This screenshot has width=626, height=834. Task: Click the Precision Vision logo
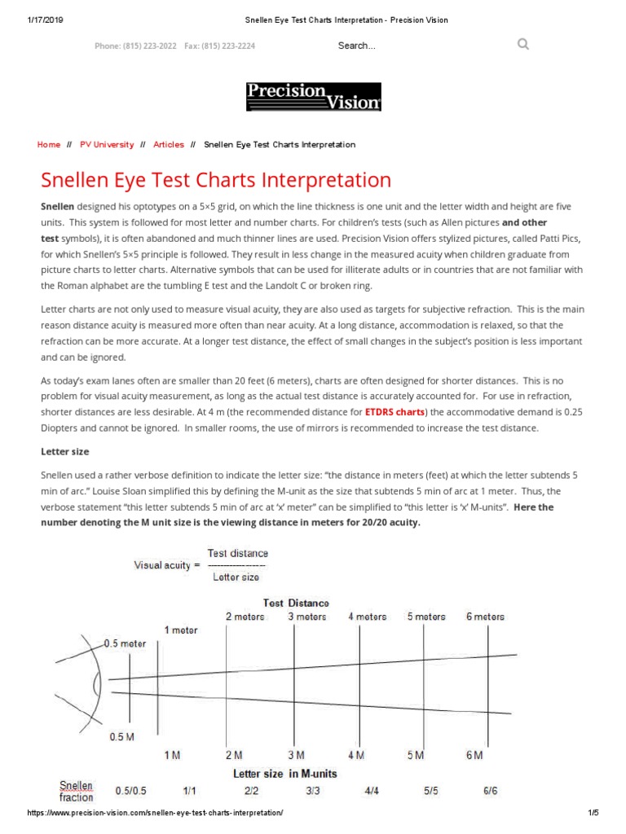[x=314, y=96]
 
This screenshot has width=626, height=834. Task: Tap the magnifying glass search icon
[x=523, y=44]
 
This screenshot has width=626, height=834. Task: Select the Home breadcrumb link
[x=49, y=144]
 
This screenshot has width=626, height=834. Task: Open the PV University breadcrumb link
[x=107, y=144]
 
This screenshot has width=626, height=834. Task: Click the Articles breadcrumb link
[x=169, y=144]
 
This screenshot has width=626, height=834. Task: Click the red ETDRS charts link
[x=395, y=412]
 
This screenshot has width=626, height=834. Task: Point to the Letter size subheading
[x=65, y=451]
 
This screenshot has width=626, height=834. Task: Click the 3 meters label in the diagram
[x=306, y=617]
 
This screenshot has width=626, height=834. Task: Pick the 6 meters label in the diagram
[x=485, y=617]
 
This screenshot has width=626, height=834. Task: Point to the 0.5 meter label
[x=126, y=643]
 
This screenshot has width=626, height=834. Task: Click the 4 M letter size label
[x=356, y=755]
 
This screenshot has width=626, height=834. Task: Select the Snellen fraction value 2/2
[x=250, y=790]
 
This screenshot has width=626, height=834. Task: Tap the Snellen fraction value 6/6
[x=490, y=790]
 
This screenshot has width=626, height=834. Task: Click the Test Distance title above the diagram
[x=296, y=603]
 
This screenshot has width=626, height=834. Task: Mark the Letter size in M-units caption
[x=285, y=773]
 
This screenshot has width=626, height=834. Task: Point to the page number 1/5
[x=593, y=814]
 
